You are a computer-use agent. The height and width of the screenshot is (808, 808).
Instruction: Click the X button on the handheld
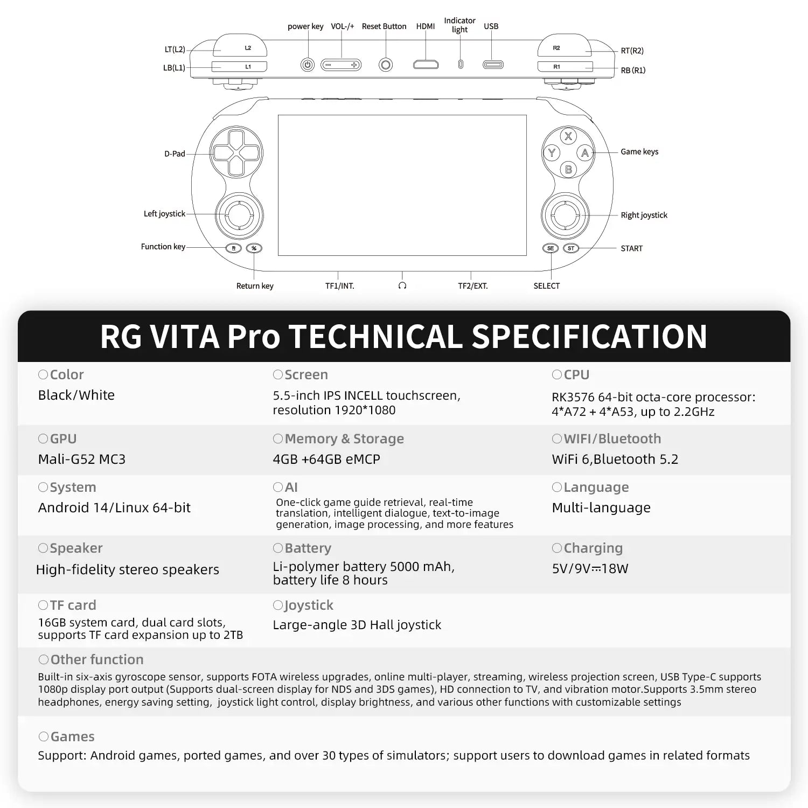point(568,136)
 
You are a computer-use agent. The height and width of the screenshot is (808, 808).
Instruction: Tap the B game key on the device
point(568,170)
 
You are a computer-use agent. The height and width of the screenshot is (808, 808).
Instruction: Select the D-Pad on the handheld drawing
point(235,152)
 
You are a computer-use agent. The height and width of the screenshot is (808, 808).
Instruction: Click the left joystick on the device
point(239,215)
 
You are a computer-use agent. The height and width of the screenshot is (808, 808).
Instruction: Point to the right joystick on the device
point(565,215)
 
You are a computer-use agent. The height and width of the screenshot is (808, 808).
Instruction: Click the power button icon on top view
point(307,65)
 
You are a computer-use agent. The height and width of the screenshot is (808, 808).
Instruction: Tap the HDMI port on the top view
point(426,65)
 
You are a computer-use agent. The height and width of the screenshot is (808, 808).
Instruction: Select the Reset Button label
point(384,26)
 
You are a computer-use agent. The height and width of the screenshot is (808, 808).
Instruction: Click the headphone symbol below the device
point(402,285)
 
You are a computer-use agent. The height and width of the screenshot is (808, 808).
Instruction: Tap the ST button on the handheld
point(570,248)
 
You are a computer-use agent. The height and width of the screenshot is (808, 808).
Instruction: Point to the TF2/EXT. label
point(472,286)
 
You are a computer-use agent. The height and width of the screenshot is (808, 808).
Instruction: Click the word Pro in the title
point(253,336)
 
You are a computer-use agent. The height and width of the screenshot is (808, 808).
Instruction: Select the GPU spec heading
point(63,438)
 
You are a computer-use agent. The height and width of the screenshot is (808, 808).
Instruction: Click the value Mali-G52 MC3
point(81,459)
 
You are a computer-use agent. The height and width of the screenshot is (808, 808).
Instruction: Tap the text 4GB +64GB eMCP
point(326,459)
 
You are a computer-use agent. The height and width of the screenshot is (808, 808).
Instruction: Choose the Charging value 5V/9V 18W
point(590,568)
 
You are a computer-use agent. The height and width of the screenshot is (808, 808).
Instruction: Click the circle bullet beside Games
point(44,736)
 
